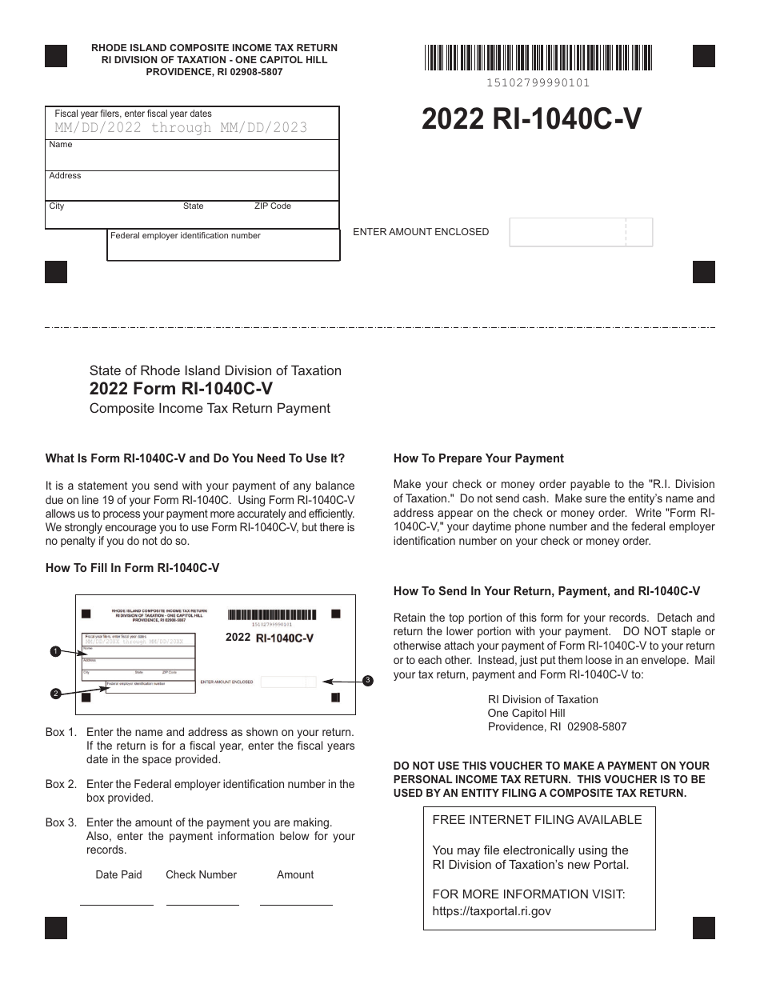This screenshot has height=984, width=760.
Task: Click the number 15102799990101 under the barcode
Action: [x=538, y=83]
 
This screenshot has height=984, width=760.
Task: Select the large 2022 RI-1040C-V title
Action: [x=531, y=119]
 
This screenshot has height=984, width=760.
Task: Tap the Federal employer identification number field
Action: [x=223, y=249]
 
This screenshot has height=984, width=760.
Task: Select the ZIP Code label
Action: [x=273, y=206]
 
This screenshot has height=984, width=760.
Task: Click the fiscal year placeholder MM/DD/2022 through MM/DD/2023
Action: [x=181, y=128]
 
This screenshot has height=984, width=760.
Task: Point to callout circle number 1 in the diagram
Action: [x=55, y=652]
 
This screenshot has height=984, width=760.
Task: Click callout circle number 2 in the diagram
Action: [x=55, y=694]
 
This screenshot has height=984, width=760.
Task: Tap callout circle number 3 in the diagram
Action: [x=367, y=681]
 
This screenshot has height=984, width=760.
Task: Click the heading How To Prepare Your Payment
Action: [x=478, y=458]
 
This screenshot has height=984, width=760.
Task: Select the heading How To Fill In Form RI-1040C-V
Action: [x=132, y=568]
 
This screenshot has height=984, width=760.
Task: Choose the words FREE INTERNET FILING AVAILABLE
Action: [x=537, y=819]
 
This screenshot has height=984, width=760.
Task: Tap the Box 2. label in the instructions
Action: [x=62, y=784]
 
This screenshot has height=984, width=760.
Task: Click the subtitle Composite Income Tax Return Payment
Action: [x=210, y=408]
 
